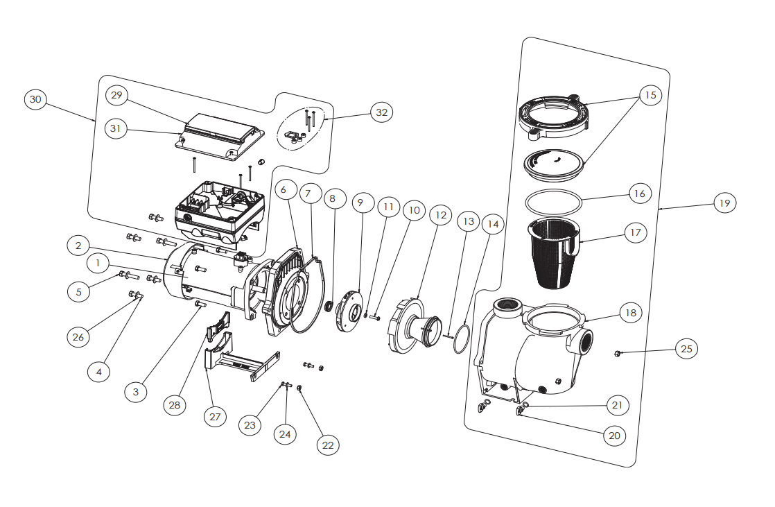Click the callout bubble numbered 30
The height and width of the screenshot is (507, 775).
[x=35, y=100]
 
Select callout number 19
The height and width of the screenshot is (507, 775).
[x=724, y=203]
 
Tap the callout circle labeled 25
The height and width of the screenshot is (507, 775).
[x=686, y=349]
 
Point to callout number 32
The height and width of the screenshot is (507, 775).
[x=381, y=112]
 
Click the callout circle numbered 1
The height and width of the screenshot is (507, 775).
[x=98, y=264]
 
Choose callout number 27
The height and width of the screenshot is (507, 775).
[x=215, y=417]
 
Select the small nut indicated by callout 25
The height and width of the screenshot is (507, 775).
[x=616, y=354]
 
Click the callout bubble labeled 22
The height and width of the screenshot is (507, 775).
[x=328, y=445]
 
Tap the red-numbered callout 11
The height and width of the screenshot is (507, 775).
[x=388, y=207]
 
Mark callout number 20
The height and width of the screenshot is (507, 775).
[x=613, y=436]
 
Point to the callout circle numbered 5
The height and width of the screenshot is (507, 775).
[x=78, y=292]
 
